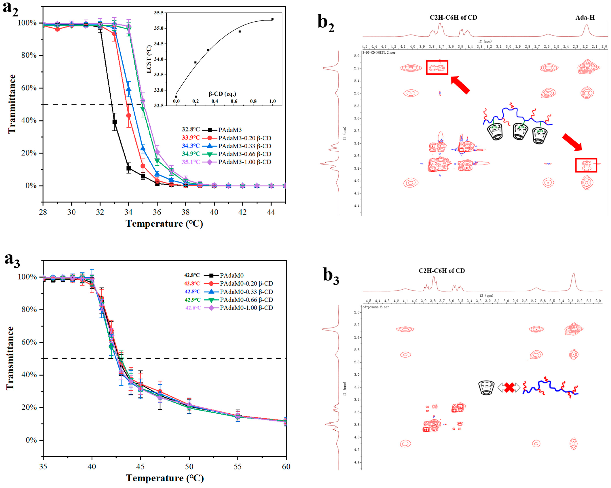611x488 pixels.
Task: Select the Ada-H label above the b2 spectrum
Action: click(585, 18)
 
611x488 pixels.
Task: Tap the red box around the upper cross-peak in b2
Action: click(437, 68)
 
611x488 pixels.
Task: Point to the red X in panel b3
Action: click(509, 387)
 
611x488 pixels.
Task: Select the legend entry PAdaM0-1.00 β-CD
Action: click(246, 308)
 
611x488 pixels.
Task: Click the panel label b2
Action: click(326, 23)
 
